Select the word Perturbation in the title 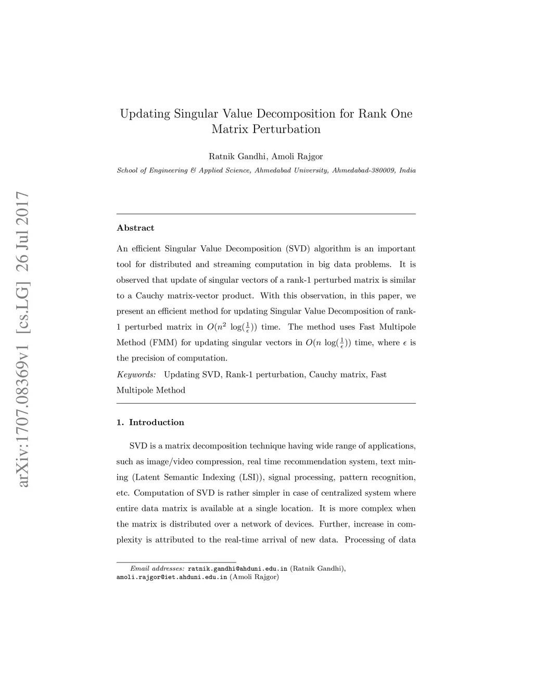coord(286,129)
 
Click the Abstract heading coord(135,228)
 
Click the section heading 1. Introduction coord(150,422)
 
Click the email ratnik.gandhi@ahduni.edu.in coord(237,569)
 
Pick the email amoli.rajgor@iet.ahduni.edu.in coord(172,577)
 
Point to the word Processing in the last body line coord(363,540)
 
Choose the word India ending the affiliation coord(408,171)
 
